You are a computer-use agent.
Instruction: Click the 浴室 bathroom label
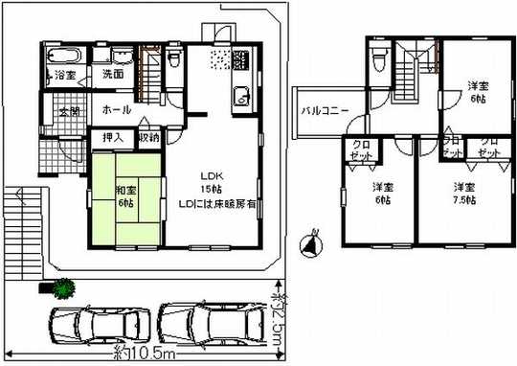tap(65, 74)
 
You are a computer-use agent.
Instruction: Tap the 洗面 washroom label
tap(114, 74)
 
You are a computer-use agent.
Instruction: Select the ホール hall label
tap(117, 110)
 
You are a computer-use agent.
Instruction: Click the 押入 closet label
tap(112, 138)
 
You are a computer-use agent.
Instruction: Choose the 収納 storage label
tap(148, 138)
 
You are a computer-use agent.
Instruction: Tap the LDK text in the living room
tap(211, 175)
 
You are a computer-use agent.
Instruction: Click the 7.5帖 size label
tap(465, 199)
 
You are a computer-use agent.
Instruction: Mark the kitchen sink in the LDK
tap(241, 98)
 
